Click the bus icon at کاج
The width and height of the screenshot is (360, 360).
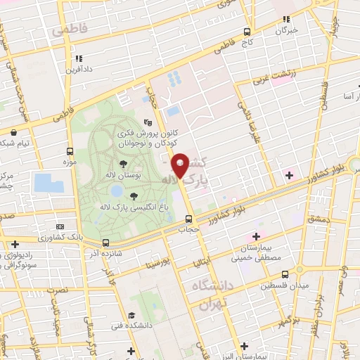pyautogui.click(x=247, y=32)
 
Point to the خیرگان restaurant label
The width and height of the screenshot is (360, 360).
pyautogui.click(x=286, y=31)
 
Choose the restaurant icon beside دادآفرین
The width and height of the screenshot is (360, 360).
pyautogui.click(x=79, y=58)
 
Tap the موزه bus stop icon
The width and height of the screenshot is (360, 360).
pyautogui.click(x=70, y=151)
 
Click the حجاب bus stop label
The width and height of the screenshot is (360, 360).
pyautogui.click(x=188, y=229)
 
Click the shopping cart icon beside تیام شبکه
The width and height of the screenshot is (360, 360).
pyautogui.click(x=12, y=131)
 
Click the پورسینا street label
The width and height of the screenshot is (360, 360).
pyautogui.click(x=158, y=266)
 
